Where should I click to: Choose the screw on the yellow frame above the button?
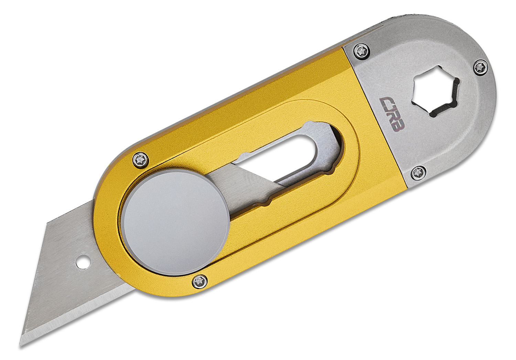[141, 160]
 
